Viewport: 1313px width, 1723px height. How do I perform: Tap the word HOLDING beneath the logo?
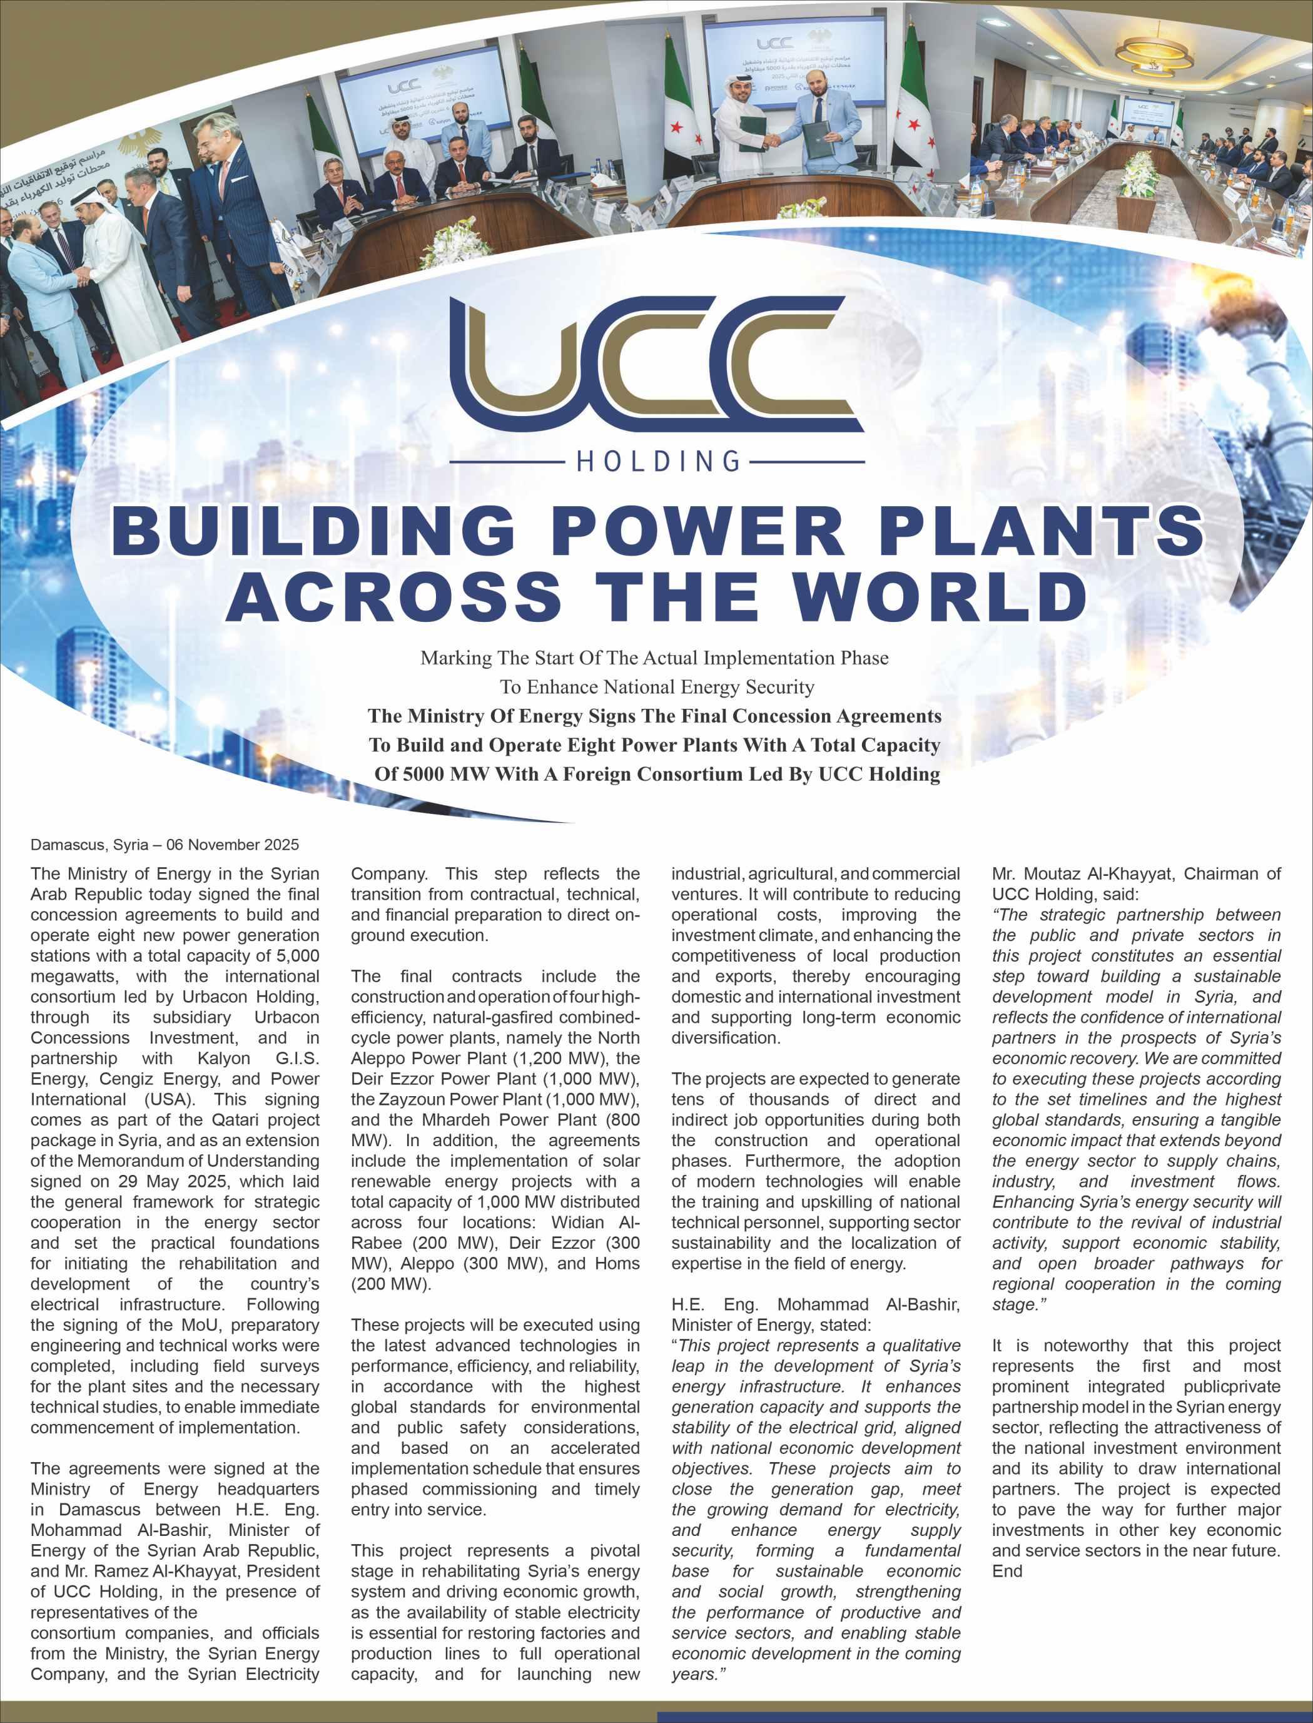pos(657,461)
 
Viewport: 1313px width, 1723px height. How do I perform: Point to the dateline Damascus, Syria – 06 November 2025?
pos(165,845)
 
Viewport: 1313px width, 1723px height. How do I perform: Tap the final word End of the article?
pos(1006,1570)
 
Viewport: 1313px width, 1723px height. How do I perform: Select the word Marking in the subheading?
pos(449,658)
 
